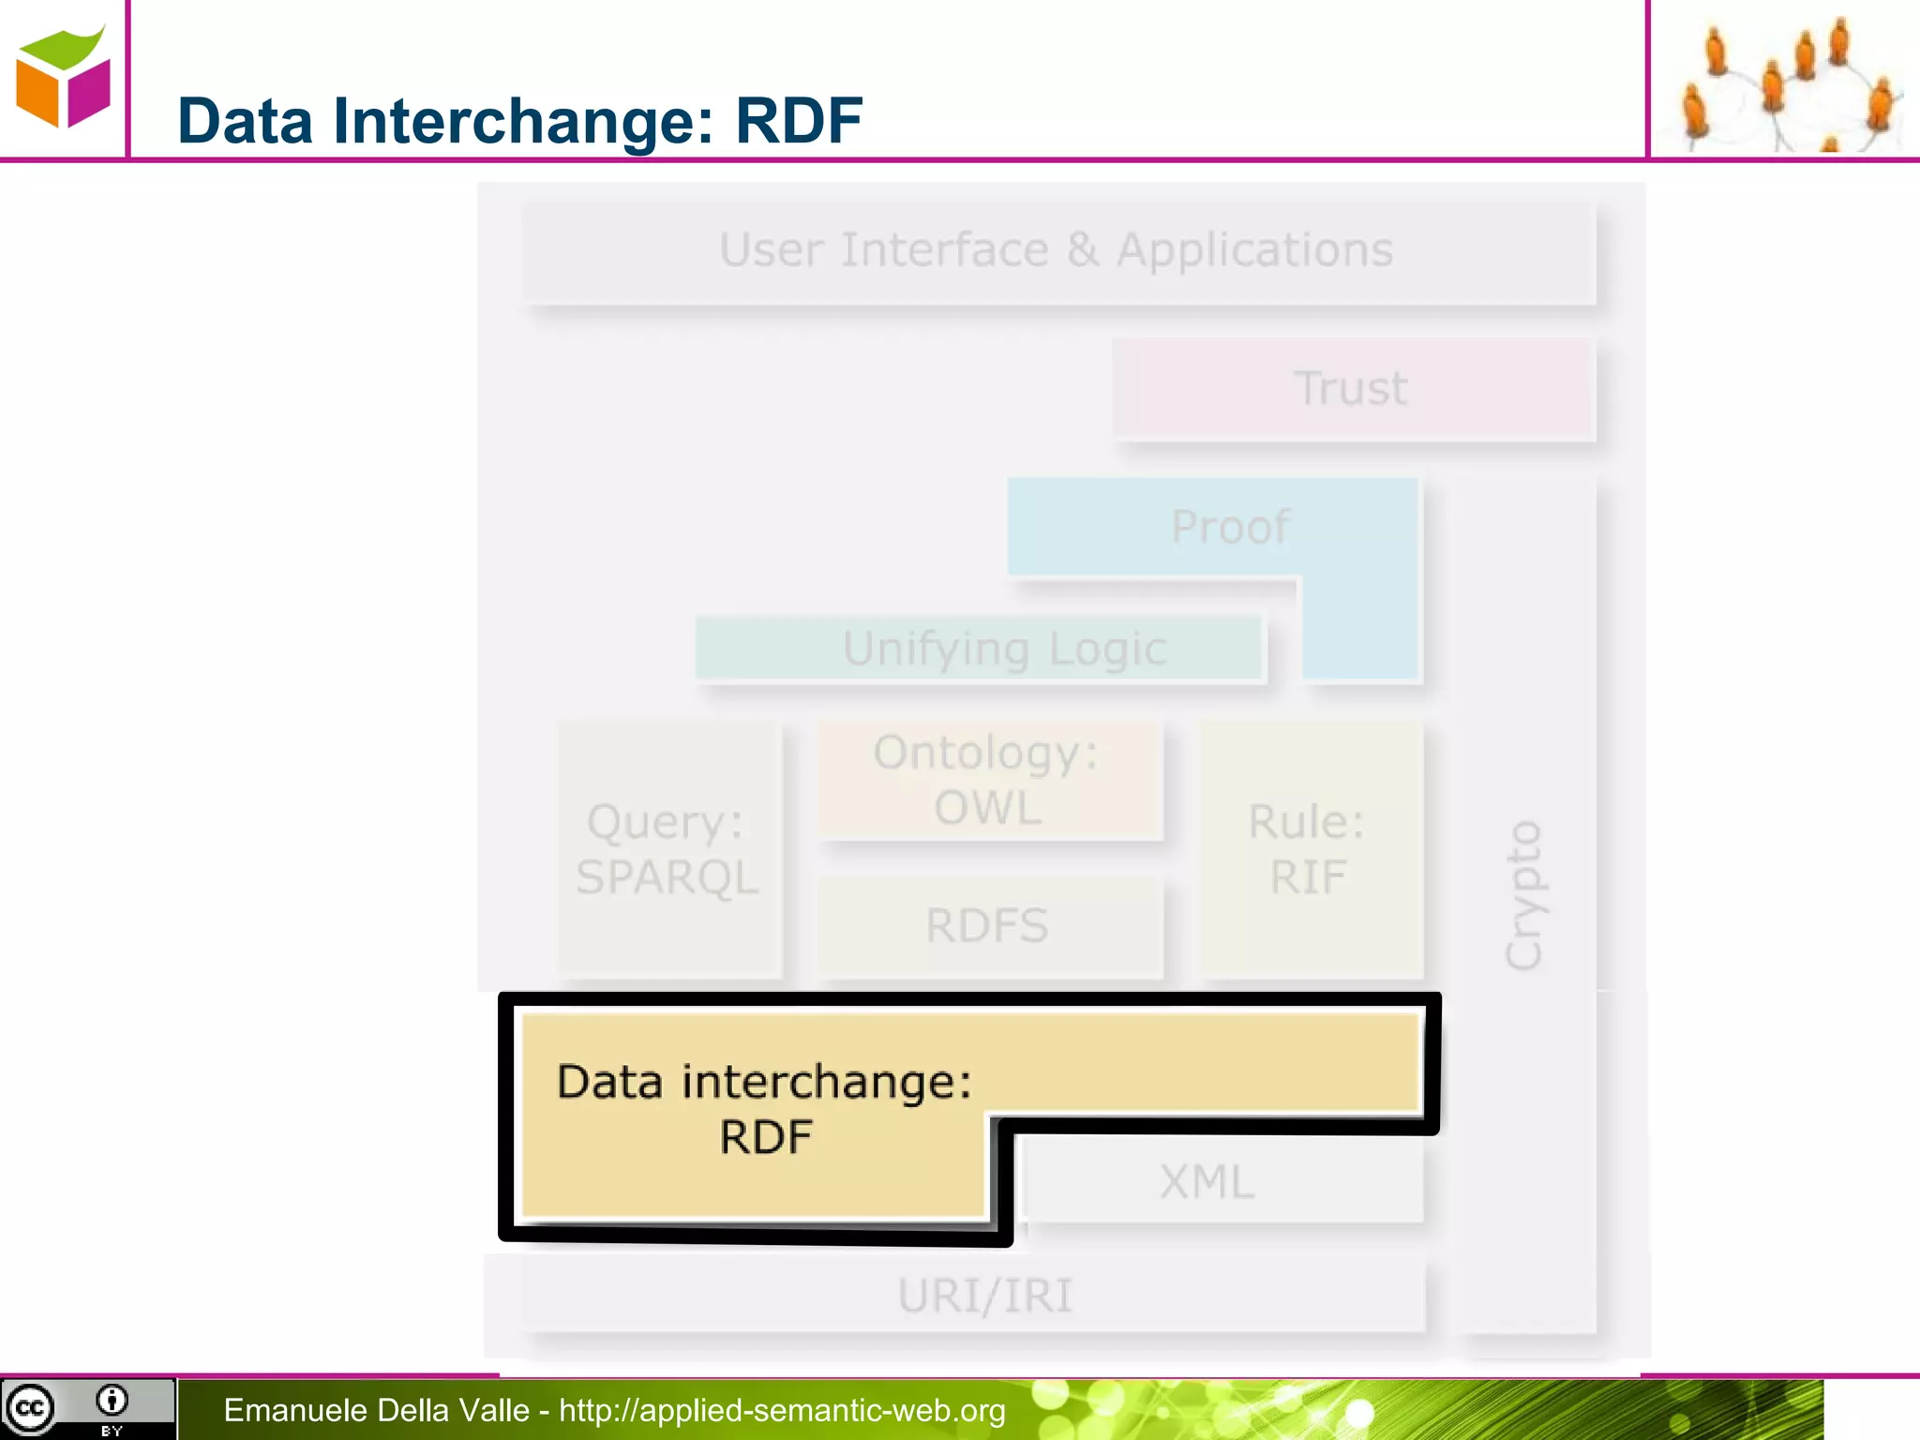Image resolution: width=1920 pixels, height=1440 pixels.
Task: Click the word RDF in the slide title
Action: tap(798, 121)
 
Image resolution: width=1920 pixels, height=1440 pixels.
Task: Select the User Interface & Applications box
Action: tap(1057, 251)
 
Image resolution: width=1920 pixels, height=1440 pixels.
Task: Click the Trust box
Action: tap(1352, 388)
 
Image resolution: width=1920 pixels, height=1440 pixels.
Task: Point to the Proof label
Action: tap(1230, 527)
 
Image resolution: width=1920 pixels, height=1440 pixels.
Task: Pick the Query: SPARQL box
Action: tap(667, 849)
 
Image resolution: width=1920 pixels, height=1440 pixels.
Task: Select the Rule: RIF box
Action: tap(1308, 849)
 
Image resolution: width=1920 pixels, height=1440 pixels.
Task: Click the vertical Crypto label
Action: tap(1522, 895)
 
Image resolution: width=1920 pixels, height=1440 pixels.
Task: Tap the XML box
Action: tap(1207, 1181)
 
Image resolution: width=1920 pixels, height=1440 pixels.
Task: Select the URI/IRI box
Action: tap(984, 1296)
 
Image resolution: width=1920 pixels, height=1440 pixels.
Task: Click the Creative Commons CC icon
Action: tap(30, 1408)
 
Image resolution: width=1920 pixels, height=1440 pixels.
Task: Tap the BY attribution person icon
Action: tap(112, 1402)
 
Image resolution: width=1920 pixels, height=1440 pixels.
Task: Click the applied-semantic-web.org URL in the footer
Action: tap(782, 1410)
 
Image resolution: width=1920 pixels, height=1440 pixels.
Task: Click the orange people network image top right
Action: tap(1785, 81)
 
